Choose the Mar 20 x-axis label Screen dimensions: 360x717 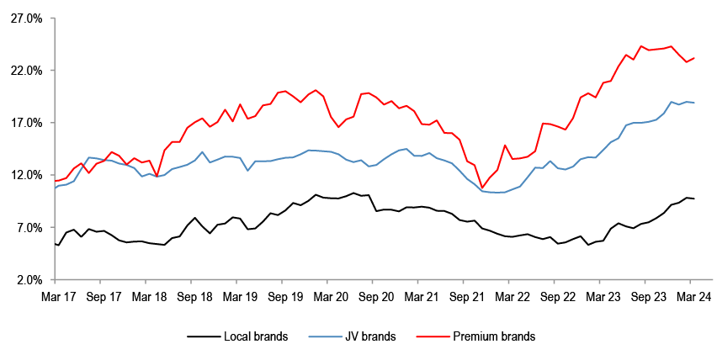[x=330, y=297]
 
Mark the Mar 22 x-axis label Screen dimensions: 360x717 [x=512, y=297]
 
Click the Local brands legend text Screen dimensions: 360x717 [x=256, y=336]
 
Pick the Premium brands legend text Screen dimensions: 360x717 [x=494, y=336]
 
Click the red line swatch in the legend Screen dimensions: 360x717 [x=431, y=336]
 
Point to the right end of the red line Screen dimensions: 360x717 [x=693, y=58]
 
